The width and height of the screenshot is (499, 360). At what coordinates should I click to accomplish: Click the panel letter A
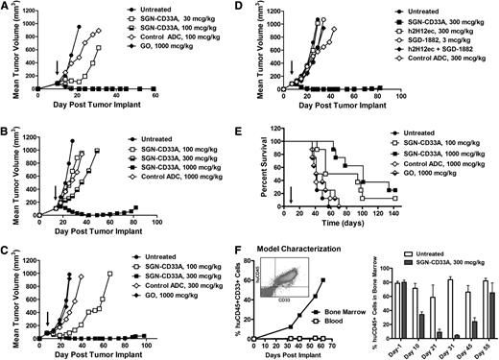coord(7,8)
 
